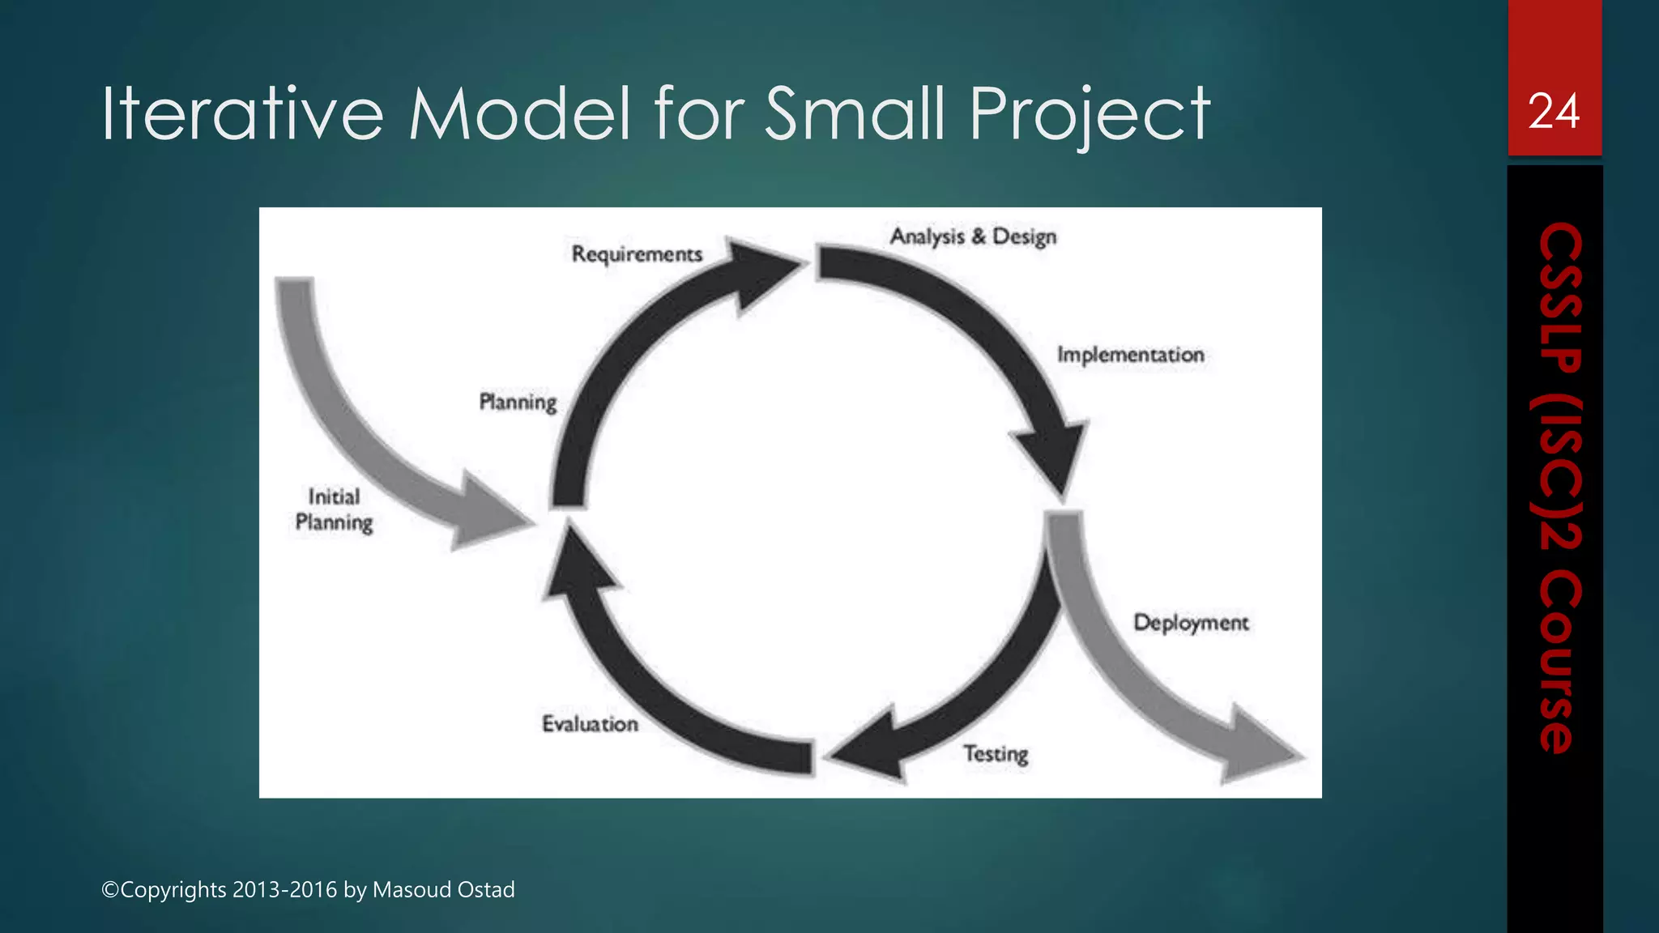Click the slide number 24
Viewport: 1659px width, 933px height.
(1554, 112)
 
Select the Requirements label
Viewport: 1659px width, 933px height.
(637, 254)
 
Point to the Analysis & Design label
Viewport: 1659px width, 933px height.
(973, 236)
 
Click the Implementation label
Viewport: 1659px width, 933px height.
(1130, 355)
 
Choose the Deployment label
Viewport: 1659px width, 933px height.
(1191, 623)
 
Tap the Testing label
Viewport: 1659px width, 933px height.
(996, 754)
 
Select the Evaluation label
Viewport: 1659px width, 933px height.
(590, 724)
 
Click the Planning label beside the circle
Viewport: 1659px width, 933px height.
(518, 403)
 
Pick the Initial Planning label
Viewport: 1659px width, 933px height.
(334, 509)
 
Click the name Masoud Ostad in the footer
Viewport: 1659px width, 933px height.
(443, 890)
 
